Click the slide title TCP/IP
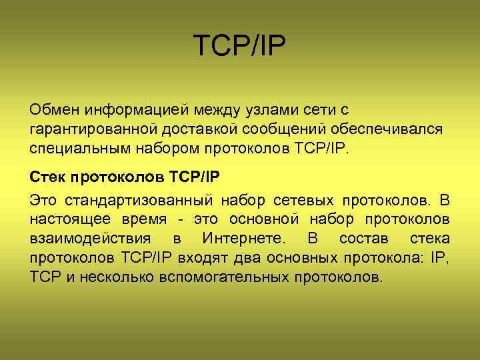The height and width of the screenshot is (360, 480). [239, 47]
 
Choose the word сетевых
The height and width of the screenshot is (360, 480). [303, 199]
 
